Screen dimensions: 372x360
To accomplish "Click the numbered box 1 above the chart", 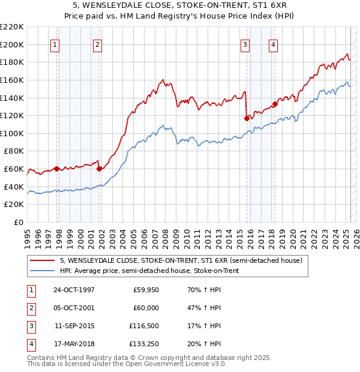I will (x=55, y=44).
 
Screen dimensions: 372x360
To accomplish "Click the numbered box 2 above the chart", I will (x=97, y=44).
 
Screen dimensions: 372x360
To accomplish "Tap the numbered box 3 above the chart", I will (x=245, y=44).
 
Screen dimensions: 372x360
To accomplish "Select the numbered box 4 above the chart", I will (x=273, y=44).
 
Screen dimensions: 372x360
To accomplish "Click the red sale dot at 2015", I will (x=247, y=119).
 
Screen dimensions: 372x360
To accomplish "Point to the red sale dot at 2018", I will (x=275, y=104).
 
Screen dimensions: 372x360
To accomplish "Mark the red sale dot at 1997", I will (x=57, y=169).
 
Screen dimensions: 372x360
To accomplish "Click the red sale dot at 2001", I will (x=99, y=169).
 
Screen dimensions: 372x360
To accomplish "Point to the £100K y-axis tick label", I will (x=12, y=133).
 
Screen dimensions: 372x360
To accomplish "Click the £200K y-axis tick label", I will (x=12, y=44).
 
